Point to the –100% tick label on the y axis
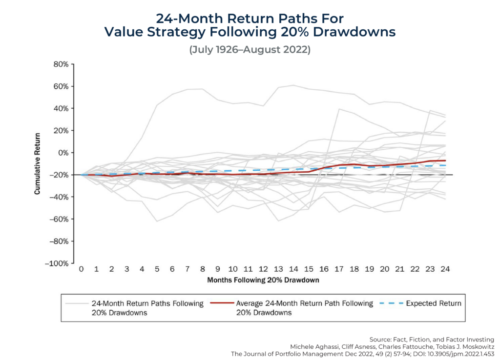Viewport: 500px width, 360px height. click(57, 263)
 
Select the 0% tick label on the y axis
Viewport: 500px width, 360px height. click(62, 153)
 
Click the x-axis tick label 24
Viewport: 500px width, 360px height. click(445, 269)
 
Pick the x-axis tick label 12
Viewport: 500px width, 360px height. click(263, 269)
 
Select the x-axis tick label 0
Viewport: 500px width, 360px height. click(81, 269)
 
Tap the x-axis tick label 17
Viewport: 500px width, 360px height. click(339, 269)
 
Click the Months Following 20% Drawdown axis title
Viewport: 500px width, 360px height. click(263, 280)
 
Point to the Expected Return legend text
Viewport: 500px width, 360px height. click(433, 303)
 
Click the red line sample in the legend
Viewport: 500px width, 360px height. click(221, 303)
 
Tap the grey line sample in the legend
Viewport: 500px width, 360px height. click(76, 303)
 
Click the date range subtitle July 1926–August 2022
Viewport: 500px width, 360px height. click(250, 50)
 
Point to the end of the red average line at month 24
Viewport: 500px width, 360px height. click(445, 160)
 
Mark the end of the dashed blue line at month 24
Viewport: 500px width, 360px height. click(445, 165)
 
